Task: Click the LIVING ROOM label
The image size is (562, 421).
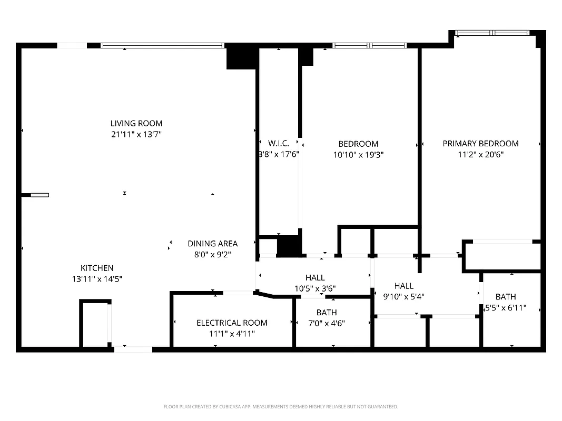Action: click(x=136, y=123)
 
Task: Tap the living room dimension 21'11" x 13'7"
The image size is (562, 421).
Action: click(x=136, y=134)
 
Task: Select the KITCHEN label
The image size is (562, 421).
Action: click(x=97, y=268)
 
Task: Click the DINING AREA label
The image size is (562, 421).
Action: click(x=212, y=243)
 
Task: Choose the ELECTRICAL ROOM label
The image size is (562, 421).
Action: click(x=232, y=323)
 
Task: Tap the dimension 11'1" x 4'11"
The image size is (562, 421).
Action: click(x=232, y=333)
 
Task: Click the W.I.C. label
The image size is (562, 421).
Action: click(x=279, y=143)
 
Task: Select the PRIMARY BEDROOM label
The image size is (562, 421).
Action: click(x=480, y=143)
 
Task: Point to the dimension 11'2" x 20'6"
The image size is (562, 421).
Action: click(x=480, y=155)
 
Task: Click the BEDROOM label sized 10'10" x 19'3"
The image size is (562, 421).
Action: click(x=358, y=144)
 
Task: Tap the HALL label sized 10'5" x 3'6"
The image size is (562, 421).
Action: click(x=315, y=277)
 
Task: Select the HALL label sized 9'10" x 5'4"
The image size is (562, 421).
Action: click(x=404, y=285)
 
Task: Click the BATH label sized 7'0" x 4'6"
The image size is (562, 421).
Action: click(x=327, y=313)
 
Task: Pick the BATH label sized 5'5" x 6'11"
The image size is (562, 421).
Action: click(x=506, y=297)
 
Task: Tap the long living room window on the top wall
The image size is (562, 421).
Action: click(x=163, y=45)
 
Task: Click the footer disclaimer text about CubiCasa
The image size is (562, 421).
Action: click(x=281, y=407)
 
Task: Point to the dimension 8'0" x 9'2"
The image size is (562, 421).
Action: click(x=212, y=254)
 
